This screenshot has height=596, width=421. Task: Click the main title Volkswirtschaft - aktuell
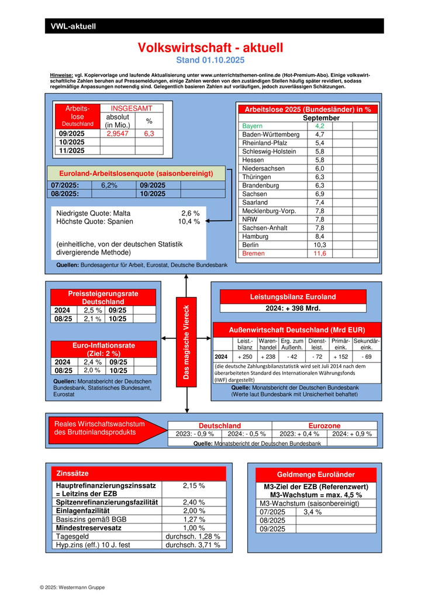[x=210, y=48]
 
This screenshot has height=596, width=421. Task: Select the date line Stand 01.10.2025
[x=210, y=60]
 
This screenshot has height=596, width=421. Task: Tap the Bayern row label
[x=253, y=126]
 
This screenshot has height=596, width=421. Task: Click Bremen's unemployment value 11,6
[x=320, y=254]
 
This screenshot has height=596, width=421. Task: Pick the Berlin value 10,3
[x=320, y=245]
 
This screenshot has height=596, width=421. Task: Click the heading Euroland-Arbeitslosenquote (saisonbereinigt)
[x=136, y=174]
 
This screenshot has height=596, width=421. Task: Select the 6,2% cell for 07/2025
[x=109, y=185]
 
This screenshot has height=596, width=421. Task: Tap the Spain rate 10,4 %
[x=189, y=222]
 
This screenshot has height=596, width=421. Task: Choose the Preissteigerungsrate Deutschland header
[x=103, y=297]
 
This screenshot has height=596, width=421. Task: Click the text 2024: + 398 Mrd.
[x=293, y=308]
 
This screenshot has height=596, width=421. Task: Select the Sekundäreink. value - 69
[x=367, y=357]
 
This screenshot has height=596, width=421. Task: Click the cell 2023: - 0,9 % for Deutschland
[x=195, y=434]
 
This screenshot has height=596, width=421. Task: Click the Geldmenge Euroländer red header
[x=315, y=475]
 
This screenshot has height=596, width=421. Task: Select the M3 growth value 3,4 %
[x=313, y=512]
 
